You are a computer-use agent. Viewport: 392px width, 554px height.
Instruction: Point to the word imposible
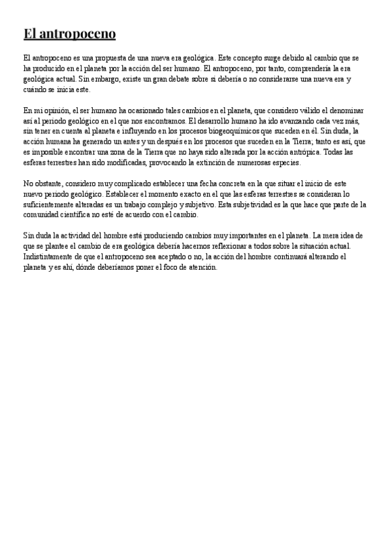44,152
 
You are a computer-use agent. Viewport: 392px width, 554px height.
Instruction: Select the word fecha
208,185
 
